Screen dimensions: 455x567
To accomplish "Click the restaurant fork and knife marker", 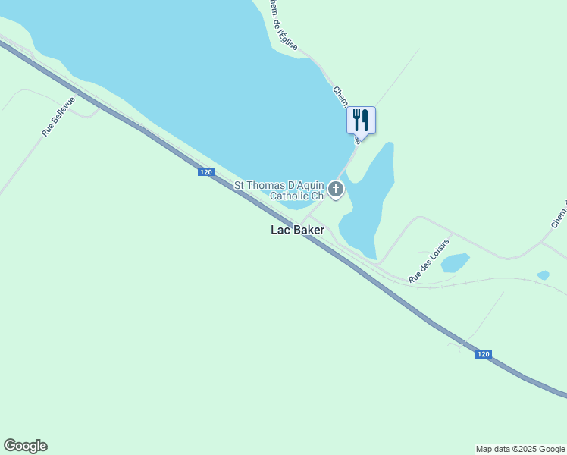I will [361, 120].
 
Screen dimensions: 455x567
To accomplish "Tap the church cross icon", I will [335, 189].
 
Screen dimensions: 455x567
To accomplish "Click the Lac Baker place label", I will [298, 230].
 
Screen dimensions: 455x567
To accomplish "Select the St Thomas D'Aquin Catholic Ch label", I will [279, 190].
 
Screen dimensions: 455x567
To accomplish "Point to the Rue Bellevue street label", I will [58, 116].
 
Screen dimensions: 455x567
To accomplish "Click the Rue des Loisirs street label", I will [429, 261].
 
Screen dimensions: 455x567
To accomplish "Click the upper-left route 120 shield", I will [206, 172].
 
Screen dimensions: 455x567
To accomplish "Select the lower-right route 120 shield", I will [484, 354].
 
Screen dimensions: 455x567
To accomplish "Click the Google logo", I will [25, 446].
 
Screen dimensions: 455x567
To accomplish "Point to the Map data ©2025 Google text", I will [520, 449].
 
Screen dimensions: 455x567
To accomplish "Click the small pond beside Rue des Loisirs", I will [455, 262].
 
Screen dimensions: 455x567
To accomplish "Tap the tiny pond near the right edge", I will [543, 275].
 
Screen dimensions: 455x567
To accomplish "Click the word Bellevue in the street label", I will [63, 111].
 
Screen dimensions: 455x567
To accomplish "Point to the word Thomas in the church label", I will [268, 185].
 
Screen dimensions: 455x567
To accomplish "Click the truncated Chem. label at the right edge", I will [559, 215].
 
